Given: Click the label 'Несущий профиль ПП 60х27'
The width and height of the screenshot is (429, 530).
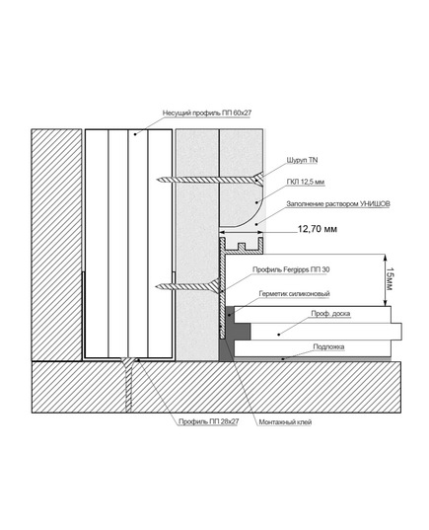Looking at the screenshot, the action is pos(207,113).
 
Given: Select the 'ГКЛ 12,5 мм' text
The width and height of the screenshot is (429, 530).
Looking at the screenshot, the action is pos(306,183).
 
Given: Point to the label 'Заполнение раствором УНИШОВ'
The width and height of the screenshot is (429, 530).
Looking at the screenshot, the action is pos(338,204).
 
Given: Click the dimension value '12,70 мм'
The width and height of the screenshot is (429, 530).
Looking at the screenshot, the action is pos(318,229).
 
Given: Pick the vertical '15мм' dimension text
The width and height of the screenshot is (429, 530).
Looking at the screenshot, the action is pos(390,279).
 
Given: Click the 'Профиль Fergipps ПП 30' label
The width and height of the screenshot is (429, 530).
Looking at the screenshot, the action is pos(291,269).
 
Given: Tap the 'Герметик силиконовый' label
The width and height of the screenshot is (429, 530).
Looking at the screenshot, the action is pos(294,294).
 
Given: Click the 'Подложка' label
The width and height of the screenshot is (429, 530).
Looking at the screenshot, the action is pos(328,346).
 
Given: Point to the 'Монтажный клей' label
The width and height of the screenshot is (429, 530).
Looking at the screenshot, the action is pos(285,421).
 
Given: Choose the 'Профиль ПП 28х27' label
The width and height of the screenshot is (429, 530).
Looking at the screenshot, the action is pos(208,421).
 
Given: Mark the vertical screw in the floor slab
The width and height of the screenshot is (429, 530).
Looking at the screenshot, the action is pos(128,385).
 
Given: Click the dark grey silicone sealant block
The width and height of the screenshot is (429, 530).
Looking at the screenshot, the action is pos(233,333).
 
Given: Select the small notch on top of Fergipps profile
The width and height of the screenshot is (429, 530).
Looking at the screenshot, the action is pos(242,247).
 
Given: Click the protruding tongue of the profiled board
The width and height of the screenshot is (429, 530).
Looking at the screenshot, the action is pos(396,332).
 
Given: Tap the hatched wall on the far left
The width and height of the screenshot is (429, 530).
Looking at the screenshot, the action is pos(56,245).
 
